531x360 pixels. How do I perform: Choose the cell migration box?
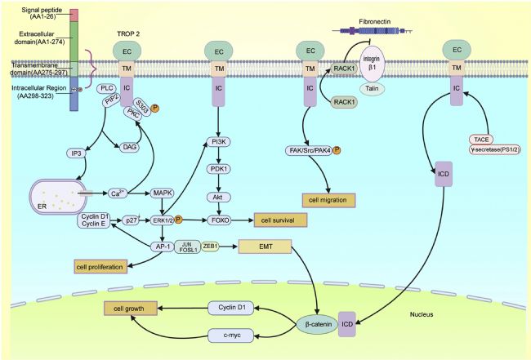(x=329, y=201)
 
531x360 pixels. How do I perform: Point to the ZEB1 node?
(x=209, y=245)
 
